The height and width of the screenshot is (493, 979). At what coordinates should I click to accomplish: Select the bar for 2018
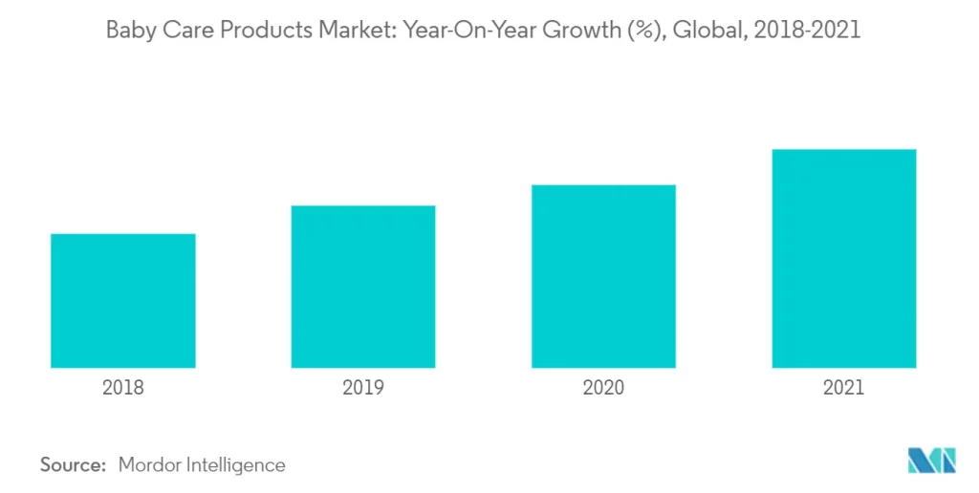point(122,301)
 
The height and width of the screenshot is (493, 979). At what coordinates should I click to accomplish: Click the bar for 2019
point(363,287)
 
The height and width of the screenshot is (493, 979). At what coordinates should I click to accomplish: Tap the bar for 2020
point(603,276)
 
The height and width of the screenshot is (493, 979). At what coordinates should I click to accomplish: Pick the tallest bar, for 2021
point(844,258)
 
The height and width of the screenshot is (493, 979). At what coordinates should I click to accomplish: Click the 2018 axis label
point(122,387)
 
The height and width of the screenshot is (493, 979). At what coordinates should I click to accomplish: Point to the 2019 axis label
point(363,387)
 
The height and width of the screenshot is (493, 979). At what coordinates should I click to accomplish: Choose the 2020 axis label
point(603,387)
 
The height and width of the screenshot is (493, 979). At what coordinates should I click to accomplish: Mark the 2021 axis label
point(844,387)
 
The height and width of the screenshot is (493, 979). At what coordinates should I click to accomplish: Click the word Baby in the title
point(128,31)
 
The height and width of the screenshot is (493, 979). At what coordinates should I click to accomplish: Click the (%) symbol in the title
point(641,31)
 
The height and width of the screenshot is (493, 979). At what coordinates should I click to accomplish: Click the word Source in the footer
point(72,465)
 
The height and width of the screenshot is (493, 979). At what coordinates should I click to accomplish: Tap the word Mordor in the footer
point(151,465)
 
